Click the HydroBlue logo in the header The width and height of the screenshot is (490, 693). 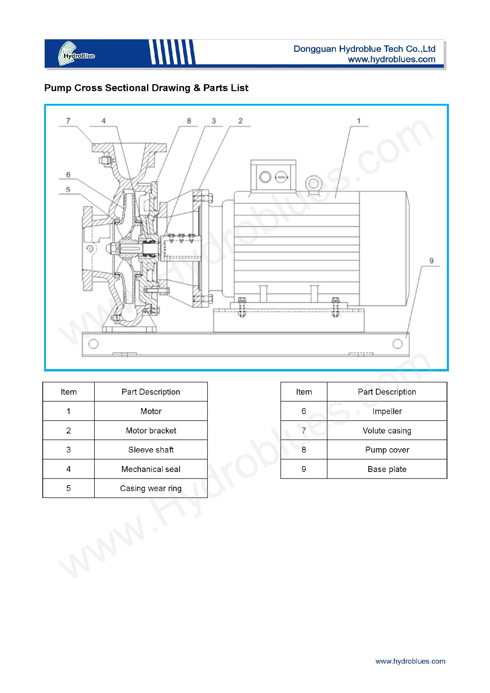(x=76, y=54)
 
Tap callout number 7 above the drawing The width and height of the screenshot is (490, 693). (x=68, y=121)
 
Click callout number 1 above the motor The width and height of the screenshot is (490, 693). (x=359, y=121)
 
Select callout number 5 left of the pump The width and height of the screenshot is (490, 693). (x=68, y=190)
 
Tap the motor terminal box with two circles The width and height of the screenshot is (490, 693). (x=273, y=176)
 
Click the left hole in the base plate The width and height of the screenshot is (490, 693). (x=94, y=344)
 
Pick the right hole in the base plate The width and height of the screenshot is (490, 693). (x=398, y=344)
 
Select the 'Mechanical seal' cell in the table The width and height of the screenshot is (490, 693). (x=151, y=469)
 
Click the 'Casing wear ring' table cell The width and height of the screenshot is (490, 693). (x=151, y=488)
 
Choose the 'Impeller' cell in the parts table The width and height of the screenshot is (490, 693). (x=387, y=411)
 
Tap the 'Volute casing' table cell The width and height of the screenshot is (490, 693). (x=387, y=430)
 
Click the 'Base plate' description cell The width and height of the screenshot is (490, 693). (x=387, y=469)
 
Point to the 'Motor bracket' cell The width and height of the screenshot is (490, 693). (x=151, y=430)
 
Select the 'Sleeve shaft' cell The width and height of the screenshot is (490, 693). (x=151, y=450)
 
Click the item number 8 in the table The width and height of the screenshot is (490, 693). (x=304, y=450)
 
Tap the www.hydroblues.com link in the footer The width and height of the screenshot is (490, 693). (x=410, y=661)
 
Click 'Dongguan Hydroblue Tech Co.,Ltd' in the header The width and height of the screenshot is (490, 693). (x=364, y=49)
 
